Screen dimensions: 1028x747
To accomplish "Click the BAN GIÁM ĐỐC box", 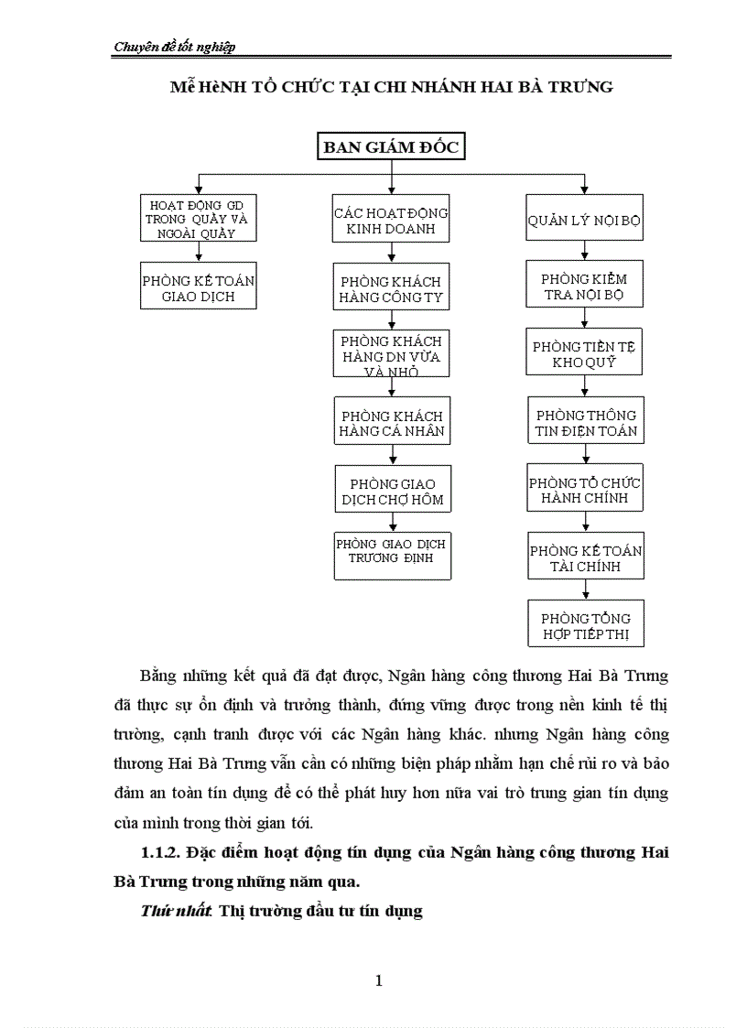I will coord(391,147).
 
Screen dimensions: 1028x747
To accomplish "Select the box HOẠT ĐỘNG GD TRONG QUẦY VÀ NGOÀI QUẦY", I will coord(199,218).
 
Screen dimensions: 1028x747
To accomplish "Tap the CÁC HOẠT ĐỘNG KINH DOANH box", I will coord(391,221).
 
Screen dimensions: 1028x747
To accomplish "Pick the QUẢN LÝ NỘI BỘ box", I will coord(585,221).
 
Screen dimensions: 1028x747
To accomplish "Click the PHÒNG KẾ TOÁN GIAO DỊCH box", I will coord(199,287).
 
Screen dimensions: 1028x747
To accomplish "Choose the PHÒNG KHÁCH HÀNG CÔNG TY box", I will coord(391,288).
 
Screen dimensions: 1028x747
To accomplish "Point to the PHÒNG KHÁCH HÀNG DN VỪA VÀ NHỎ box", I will coord(391,354).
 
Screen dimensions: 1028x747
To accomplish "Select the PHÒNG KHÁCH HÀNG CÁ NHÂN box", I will coord(391,422).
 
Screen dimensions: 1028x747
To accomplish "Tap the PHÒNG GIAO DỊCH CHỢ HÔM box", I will coord(391,490).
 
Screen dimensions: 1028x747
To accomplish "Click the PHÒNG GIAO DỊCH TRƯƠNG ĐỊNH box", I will coord(392,556).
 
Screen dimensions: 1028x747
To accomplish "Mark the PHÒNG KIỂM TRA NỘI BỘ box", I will coord(585,285).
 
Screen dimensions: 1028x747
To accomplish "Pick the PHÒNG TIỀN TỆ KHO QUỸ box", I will coord(585,352).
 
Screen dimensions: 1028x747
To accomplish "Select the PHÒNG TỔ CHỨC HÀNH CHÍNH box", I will coord(585,489).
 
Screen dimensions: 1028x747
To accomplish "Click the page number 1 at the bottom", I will coord(378,981).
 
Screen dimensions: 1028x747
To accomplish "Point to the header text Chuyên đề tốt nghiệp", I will coord(174,48).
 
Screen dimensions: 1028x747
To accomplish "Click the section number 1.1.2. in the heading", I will coord(161,853).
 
